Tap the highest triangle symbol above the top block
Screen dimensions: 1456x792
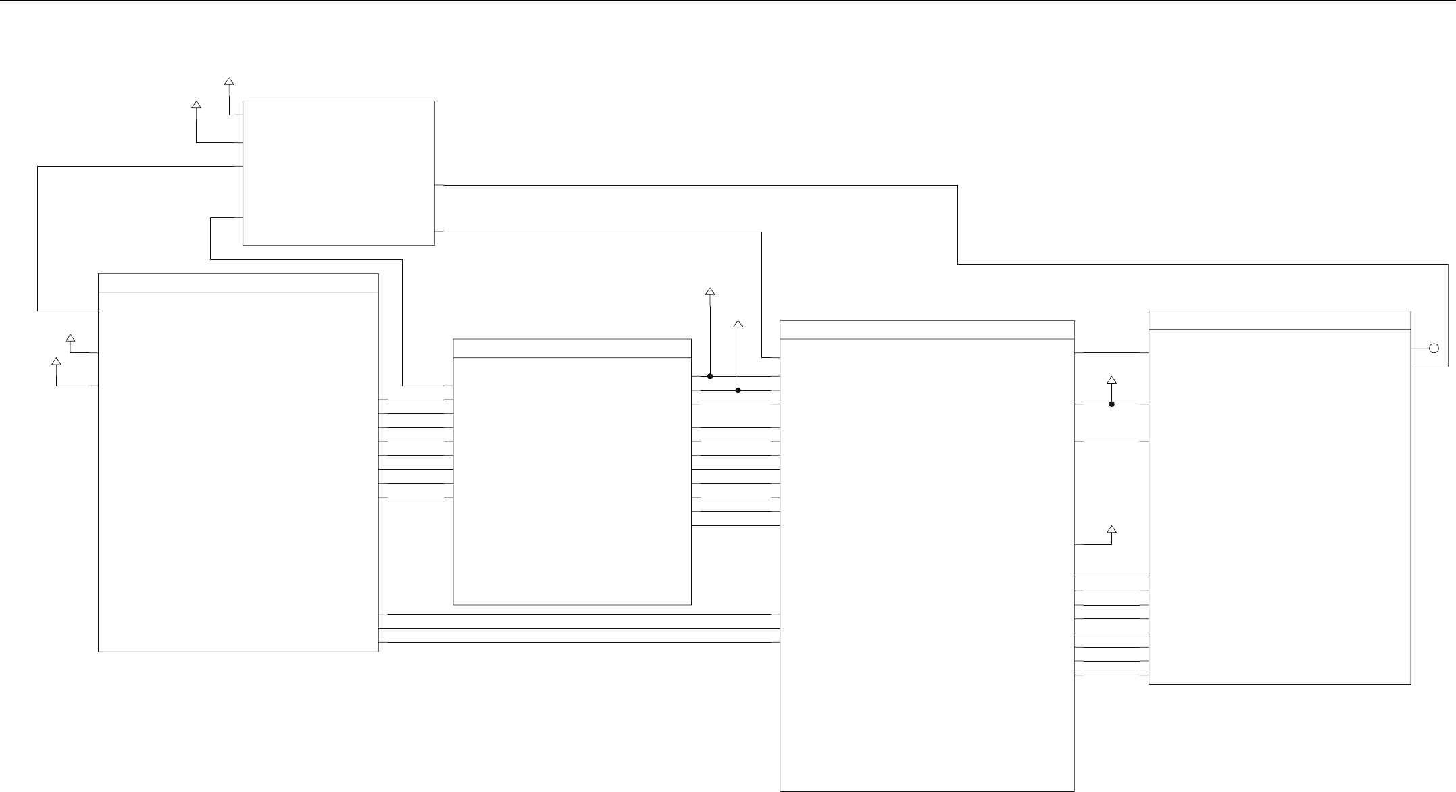[x=229, y=82]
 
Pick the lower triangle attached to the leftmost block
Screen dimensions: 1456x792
[x=57, y=362]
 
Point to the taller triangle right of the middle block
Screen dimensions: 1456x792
[x=710, y=292]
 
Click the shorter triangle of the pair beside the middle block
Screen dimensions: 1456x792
[x=738, y=325]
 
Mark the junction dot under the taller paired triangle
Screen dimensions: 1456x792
[x=710, y=376]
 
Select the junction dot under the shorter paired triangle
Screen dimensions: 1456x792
[x=738, y=390]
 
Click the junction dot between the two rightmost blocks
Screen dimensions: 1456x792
[x=1111, y=404]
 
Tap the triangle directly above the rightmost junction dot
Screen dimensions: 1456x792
[x=1111, y=381]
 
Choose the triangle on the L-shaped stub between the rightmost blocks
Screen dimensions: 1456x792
[x=1111, y=529]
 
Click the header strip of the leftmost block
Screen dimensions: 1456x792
[x=238, y=283]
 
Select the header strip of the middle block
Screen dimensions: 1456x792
[x=572, y=348]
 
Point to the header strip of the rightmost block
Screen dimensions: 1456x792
[x=1280, y=320]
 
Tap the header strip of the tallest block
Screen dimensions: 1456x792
[x=927, y=329]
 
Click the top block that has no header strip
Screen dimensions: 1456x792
[x=338, y=173]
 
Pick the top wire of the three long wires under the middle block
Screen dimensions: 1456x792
[x=574, y=615]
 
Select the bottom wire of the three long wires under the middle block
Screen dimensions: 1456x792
[x=574, y=642]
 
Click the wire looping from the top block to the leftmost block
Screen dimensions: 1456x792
[x=38, y=236]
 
